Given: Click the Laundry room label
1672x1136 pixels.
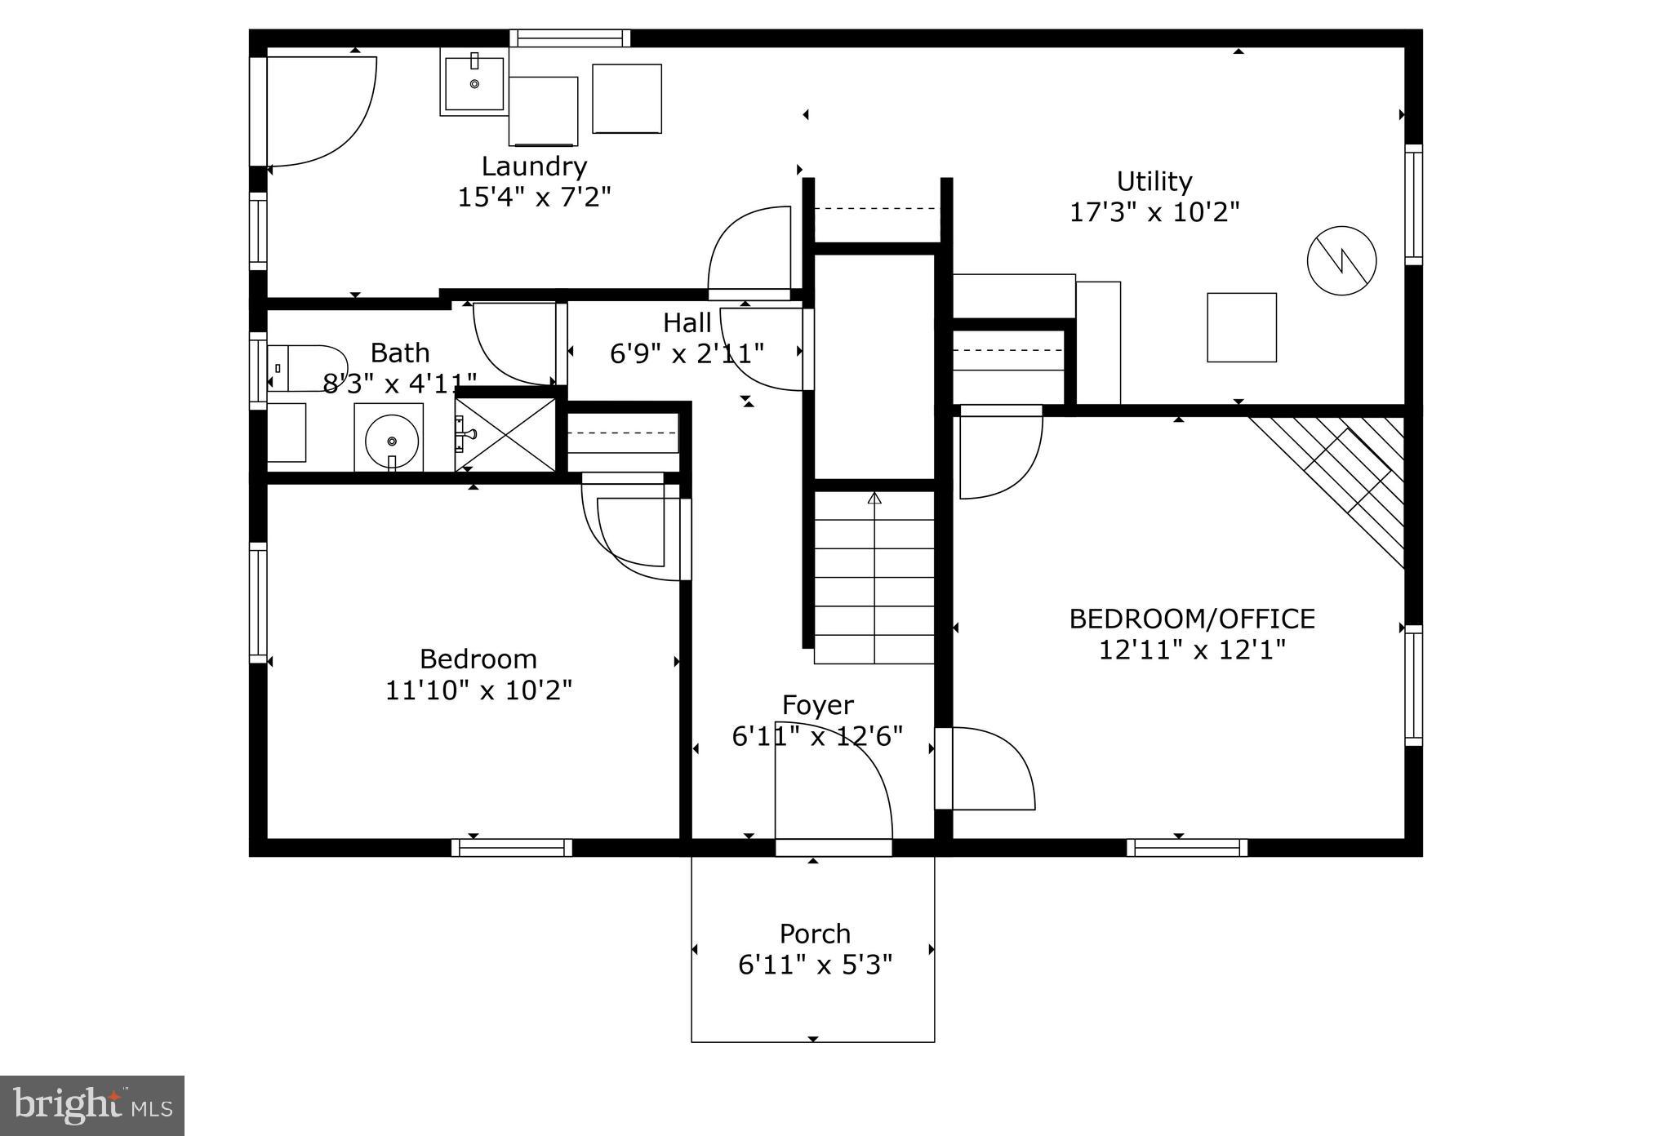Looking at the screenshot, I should (534, 166).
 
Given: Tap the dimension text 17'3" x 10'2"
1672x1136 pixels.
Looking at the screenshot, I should (1154, 212).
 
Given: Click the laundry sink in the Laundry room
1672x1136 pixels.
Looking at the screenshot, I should (474, 82).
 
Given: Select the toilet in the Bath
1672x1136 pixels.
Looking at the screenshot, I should (306, 368).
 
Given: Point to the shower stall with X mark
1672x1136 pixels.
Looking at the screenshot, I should (505, 434).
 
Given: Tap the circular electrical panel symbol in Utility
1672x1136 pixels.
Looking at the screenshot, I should (1341, 261).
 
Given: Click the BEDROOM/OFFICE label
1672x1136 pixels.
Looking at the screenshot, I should (1191, 619).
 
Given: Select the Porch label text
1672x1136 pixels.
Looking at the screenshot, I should (815, 933).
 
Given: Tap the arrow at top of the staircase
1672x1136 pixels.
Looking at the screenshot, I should (874, 498).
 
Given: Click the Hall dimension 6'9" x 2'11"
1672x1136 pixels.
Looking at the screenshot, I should (687, 353).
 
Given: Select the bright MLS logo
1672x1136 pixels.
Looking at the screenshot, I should (92, 1106).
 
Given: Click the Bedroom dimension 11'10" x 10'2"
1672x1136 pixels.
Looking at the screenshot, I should (478, 690).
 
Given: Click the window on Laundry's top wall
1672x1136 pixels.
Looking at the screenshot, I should (570, 38).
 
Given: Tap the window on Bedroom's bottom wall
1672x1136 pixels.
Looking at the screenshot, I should (512, 848).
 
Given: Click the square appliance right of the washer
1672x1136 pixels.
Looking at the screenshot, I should (626, 99).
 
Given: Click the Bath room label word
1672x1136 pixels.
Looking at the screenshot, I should (400, 353).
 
